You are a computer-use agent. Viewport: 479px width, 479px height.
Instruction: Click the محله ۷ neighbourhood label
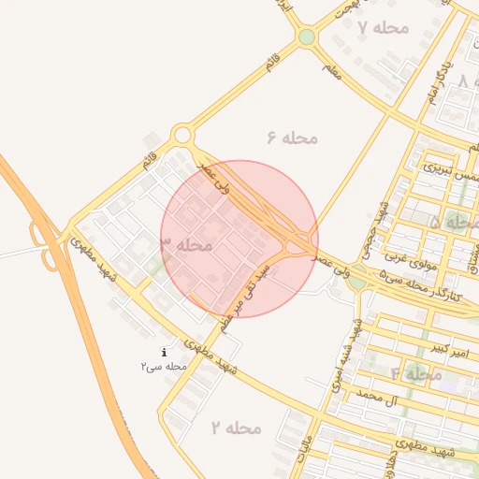click(385, 27)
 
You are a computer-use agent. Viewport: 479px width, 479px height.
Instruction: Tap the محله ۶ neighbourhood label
click(293, 138)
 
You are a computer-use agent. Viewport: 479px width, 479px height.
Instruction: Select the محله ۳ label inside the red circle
click(187, 245)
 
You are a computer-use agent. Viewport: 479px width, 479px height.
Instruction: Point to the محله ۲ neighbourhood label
click(236, 428)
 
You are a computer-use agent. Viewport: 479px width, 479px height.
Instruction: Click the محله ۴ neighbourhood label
click(416, 374)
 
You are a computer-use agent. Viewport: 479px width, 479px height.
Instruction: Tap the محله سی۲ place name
click(165, 367)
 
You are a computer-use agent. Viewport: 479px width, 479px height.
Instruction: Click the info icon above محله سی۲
click(165, 353)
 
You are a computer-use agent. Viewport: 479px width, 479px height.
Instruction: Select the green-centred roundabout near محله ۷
click(307, 37)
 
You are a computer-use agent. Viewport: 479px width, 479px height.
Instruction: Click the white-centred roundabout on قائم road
click(182, 136)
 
